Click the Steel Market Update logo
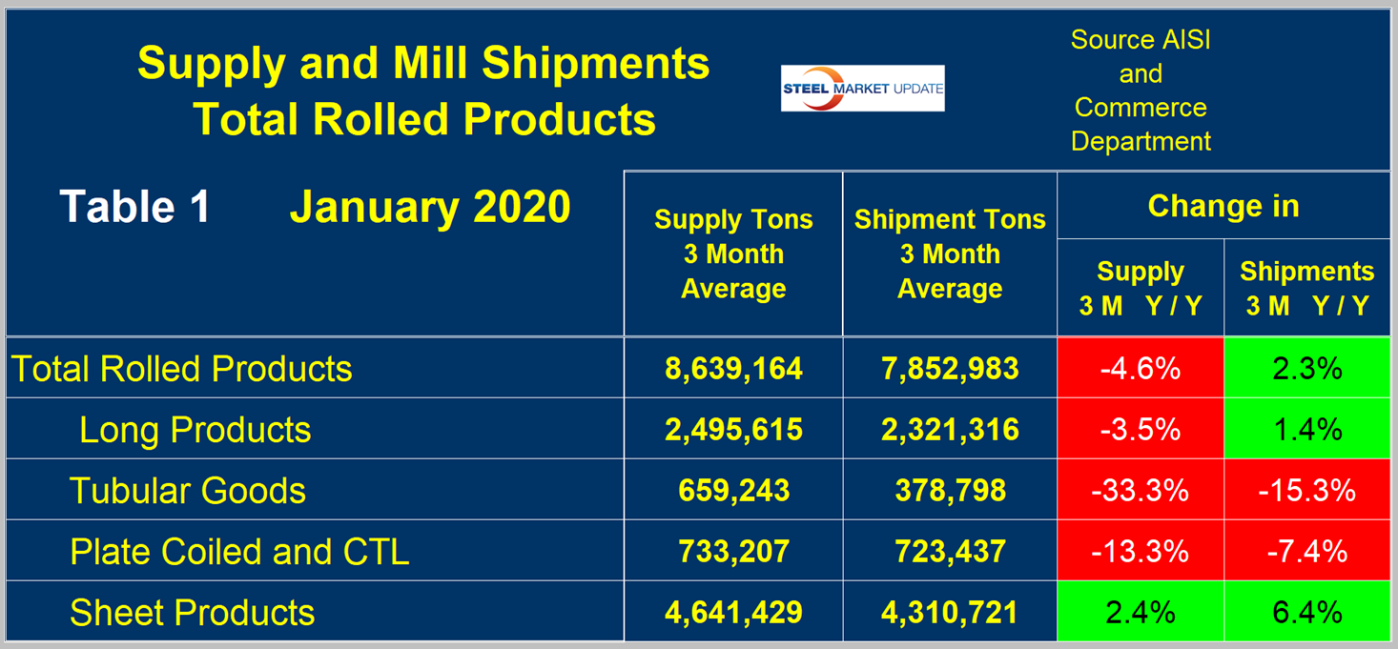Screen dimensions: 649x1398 click(862, 89)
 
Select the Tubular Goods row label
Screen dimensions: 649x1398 click(188, 491)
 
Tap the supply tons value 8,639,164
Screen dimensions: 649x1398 click(733, 369)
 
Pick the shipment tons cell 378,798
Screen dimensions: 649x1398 click(950, 491)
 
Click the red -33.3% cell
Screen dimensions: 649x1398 click(1140, 491)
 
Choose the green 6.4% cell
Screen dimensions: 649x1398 click(1306, 612)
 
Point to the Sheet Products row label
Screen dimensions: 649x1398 click(192, 612)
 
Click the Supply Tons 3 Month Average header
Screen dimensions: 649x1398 click(733, 254)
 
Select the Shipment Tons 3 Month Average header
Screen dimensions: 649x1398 click(950, 254)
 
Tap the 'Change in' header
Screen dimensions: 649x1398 click(1223, 206)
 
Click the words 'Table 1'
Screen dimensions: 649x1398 click(134, 207)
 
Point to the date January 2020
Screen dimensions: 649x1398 click(430, 207)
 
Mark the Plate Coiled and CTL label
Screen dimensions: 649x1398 click(239, 552)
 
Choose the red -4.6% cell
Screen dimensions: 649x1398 click(1140, 369)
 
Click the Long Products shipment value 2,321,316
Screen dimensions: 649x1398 click(950, 430)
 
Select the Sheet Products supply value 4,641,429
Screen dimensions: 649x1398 click(733, 612)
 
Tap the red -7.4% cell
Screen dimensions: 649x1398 click(1306, 552)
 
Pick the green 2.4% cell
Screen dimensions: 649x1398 click(1140, 612)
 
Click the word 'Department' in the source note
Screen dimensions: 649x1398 click(1141, 141)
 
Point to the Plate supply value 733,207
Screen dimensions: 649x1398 click(733, 552)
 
